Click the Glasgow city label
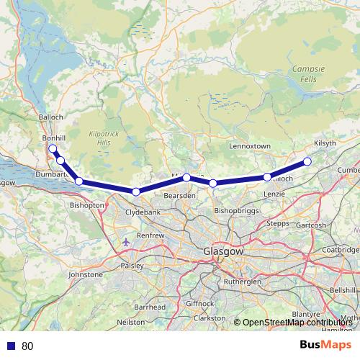tap(222, 253)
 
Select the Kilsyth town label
tap(325, 143)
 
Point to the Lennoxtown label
tap(249, 146)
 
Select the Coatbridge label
tap(341, 250)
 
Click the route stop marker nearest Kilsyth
tap(307, 161)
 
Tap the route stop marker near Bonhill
tap(52, 149)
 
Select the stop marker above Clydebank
tap(135, 192)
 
